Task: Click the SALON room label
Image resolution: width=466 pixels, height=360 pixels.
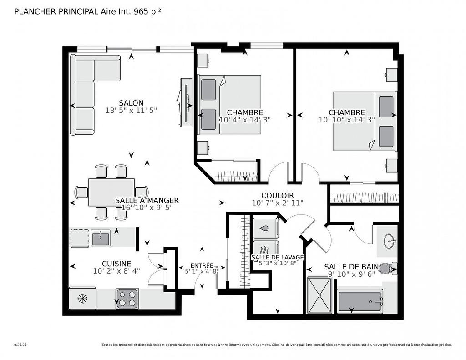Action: point(131,103)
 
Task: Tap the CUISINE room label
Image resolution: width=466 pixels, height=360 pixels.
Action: point(116,264)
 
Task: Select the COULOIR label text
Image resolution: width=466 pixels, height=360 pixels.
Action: point(277,196)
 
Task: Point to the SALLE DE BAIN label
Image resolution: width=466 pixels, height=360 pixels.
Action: point(350,267)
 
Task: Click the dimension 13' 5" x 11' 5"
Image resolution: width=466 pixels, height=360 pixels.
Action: point(131,111)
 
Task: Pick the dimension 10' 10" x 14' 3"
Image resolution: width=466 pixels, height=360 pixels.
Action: point(347,120)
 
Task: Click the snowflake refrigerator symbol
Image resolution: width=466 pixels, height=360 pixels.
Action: point(82,299)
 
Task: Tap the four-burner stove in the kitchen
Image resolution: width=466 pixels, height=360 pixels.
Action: point(127,299)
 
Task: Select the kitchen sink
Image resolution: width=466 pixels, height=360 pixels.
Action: point(100,238)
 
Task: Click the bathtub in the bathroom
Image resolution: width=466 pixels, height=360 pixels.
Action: point(360,301)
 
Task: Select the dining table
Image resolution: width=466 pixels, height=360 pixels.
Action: point(111,192)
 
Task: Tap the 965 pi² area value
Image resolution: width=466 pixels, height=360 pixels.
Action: point(147,12)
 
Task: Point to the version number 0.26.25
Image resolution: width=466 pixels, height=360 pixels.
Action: point(20,345)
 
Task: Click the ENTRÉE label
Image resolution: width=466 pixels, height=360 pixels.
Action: point(202,265)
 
